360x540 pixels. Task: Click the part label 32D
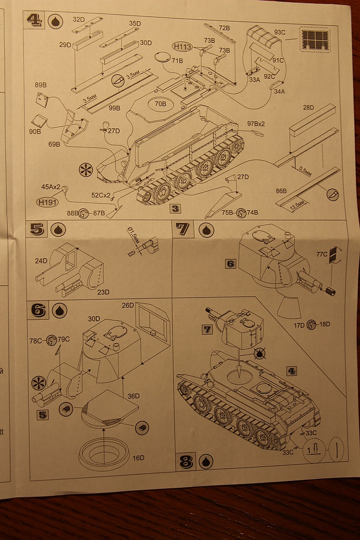pyautogui.click(x=79, y=20)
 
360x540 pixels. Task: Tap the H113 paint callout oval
pyautogui.click(x=183, y=46)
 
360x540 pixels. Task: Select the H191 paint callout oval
pyautogui.click(x=48, y=201)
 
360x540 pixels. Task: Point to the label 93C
pyautogui.click(x=279, y=32)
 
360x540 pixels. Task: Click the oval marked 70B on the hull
pyautogui.click(x=160, y=104)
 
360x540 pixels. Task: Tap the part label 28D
pyautogui.click(x=308, y=108)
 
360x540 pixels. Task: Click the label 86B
pyautogui.click(x=281, y=191)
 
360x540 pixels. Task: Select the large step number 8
pyautogui.click(x=186, y=461)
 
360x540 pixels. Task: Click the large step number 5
pyautogui.click(x=36, y=230)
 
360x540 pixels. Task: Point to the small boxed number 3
pyautogui.click(x=175, y=208)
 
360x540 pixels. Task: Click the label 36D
pyautogui.click(x=134, y=396)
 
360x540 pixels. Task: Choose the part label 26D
pyautogui.click(x=128, y=305)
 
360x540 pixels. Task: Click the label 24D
pyautogui.click(x=42, y=260)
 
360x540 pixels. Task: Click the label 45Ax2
pyautogui.click(x=51, y=186)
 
